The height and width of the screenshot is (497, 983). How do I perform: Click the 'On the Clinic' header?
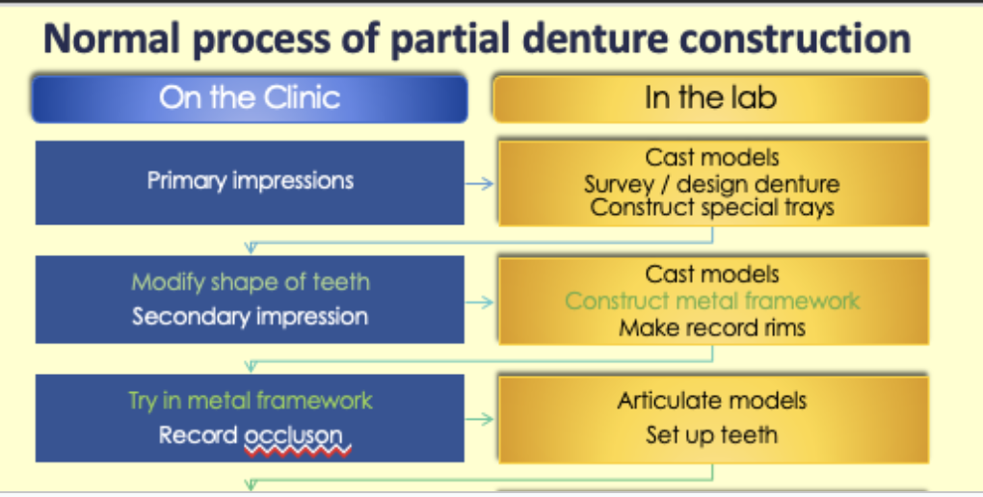coord(250,97)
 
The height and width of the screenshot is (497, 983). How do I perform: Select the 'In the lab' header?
coord(710,97)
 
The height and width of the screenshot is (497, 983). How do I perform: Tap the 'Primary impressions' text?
coord(250,180)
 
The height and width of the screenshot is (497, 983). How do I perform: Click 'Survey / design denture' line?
coord(711,183)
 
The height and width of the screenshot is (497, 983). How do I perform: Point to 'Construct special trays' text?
coord(711,206)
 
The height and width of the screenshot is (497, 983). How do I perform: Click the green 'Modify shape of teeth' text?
coord(251,282)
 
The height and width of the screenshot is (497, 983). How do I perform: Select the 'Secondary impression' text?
coord(250,316)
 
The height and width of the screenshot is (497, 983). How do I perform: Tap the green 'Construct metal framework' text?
coord(711,301)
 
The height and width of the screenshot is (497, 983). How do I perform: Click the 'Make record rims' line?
coord(711,327)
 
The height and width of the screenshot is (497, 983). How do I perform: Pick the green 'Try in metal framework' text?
coord(250,400)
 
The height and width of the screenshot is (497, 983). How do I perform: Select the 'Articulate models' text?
coord(711,400)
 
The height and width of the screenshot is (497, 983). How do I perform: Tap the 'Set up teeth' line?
coord(711,434)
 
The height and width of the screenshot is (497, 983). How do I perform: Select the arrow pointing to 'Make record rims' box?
coord(479,302)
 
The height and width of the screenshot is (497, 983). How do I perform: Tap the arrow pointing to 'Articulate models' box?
coord(479,419)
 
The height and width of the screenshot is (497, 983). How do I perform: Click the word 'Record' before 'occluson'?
coord(198,435)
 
